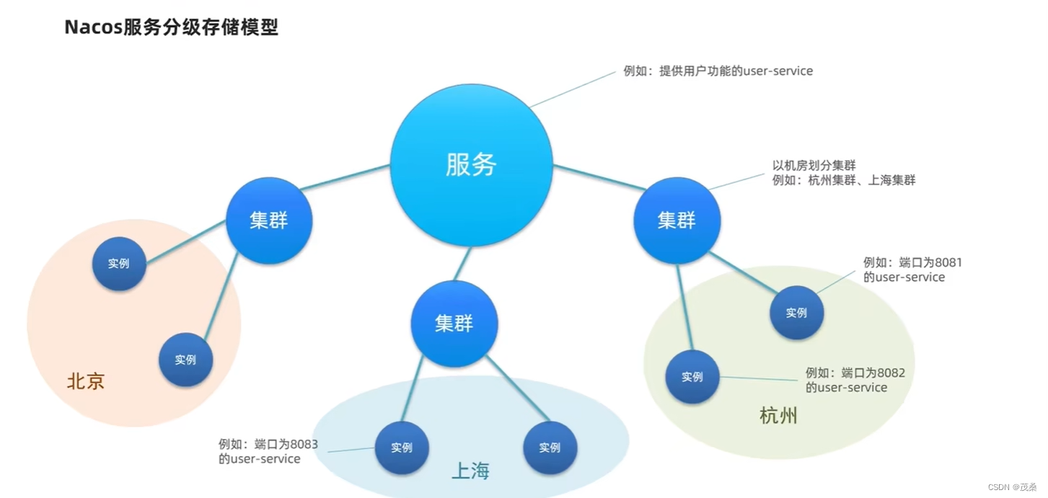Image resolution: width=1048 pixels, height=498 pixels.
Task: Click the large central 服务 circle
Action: pos(471,165)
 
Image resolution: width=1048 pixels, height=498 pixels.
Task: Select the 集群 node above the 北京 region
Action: pos(269,221)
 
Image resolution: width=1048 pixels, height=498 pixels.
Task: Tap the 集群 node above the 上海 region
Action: pos(454,324)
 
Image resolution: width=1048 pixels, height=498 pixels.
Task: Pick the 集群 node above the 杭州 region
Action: pos(677,221)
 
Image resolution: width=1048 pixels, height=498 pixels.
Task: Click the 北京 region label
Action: pos(86,381)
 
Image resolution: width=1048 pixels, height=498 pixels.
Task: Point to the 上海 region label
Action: pos(470,471)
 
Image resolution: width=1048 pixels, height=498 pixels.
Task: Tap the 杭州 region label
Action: pos(778,416)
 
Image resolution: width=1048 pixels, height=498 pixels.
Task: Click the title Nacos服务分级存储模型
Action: pos(171,27)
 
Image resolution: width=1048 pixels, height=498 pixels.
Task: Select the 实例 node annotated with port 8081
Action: pos(796,313)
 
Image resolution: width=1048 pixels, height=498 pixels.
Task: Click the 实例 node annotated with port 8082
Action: pos(692,376)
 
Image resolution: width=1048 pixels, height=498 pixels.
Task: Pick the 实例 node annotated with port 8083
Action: pos(402,448)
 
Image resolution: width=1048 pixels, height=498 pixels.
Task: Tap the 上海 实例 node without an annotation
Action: pos(550,448)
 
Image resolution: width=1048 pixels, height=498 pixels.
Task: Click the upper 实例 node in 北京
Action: pos(119,264)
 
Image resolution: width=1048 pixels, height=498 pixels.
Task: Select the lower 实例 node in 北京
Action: pos(185,359)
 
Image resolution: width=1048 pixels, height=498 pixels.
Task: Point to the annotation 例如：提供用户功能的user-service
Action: pos(718,71)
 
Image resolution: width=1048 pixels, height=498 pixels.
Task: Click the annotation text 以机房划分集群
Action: pos(814,166)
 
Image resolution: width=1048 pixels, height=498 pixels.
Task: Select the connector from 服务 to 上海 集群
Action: pos(462,264)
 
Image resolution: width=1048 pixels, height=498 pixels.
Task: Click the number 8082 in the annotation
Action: pos(891,373)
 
